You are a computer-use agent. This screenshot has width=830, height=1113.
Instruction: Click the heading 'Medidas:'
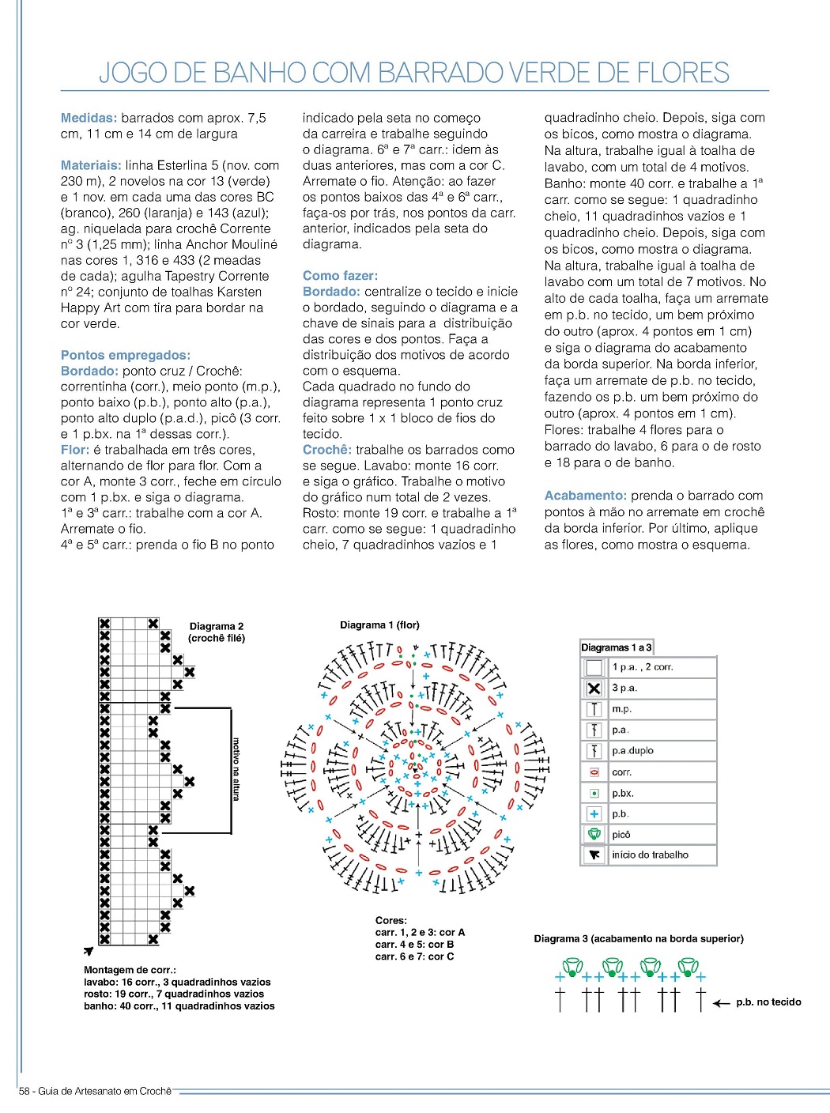[89, 118]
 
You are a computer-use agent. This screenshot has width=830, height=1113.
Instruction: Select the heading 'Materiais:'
[91, 165]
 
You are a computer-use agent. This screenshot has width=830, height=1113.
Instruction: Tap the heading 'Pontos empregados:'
[126, 355]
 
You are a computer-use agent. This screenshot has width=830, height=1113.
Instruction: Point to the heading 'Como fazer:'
[340, 276]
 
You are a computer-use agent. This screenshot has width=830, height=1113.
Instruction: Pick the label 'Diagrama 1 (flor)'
[379, 625]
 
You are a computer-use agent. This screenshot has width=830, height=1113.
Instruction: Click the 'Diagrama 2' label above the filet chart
[217, 626]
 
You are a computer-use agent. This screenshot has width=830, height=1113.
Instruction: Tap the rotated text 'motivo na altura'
[236, 768]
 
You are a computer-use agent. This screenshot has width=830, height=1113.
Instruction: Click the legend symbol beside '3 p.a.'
[594, 689]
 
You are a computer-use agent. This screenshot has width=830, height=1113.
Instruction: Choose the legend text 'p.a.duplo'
[632, 751]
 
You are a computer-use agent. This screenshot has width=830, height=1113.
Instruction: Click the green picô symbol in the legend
[594, 834]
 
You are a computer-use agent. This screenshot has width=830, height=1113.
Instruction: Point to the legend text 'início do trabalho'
[650, 855]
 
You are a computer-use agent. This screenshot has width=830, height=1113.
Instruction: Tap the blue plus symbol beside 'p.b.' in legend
[594, 813]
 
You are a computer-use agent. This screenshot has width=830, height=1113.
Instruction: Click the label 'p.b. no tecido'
[768, 1002]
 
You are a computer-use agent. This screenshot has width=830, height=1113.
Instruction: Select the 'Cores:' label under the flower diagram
[391, 921]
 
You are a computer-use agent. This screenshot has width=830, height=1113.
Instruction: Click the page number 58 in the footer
[25, 1092]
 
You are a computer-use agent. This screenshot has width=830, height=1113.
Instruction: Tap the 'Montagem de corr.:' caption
[130, 970]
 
